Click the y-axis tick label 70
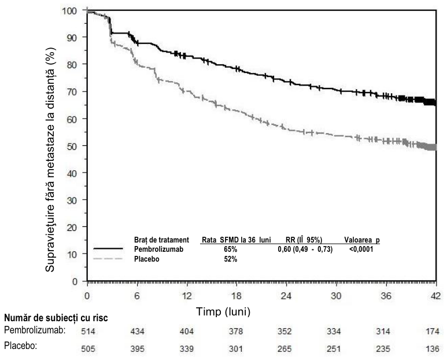tap(71, 91)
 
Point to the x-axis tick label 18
tap(237, 296)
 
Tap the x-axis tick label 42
tap(436, 296)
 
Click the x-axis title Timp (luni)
tap(223, 311)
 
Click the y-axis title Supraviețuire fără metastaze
tap(50, 160)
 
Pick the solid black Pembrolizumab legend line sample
tap(108, 249)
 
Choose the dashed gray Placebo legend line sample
tap(108, 259)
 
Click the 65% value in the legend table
tap(230, 249)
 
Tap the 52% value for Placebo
tap(230, 259)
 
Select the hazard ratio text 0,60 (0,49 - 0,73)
tap(305, 249)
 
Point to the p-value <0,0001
tap(361, 249)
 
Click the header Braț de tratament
tap(161, 240)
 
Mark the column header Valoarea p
tap(362, 240)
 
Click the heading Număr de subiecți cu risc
tap(56, 318)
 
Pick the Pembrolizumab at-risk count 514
tap(88, 332)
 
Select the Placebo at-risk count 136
tap(433, 349)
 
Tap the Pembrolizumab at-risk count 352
tap(285, 332)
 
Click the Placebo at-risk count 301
tap(236, 349)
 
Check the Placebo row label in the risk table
tap(20, 346)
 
